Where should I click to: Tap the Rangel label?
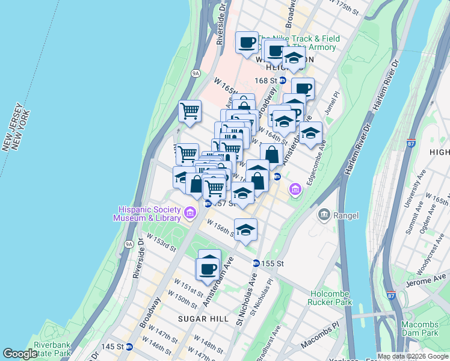(345, 215)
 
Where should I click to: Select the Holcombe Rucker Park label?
(330, 298)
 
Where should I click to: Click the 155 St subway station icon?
(256, 264)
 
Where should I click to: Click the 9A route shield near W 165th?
(196, 73)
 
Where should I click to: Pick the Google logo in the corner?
(20, 354)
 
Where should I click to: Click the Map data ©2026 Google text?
(413, 356)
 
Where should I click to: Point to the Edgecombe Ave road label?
(319, 162)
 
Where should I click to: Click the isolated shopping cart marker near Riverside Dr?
(190, 111)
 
